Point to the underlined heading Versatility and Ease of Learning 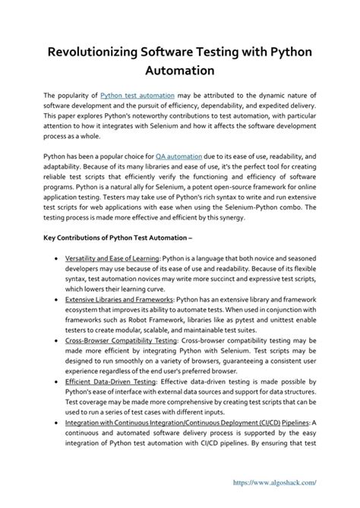coord(112,259)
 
